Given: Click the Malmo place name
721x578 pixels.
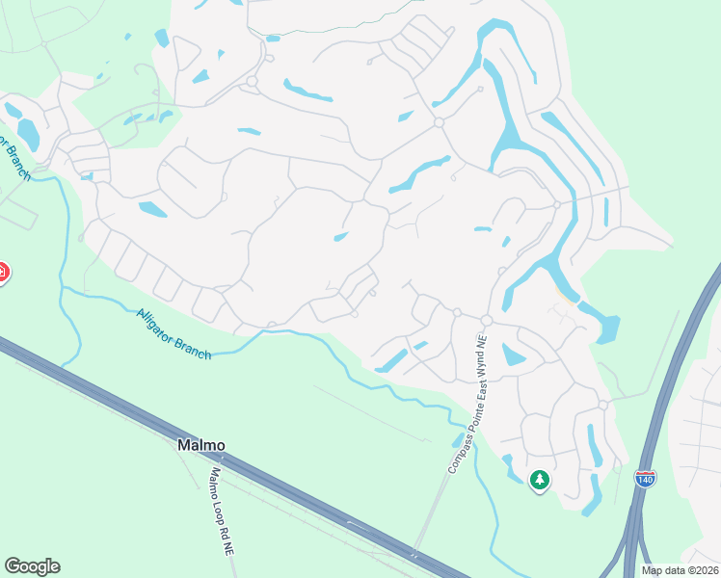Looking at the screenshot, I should (200, 446).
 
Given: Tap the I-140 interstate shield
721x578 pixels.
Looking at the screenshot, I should (646, 477).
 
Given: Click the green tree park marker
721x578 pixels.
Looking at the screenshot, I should (540, 479).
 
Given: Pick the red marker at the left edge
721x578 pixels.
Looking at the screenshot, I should (3, 273).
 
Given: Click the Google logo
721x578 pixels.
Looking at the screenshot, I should (32, 566).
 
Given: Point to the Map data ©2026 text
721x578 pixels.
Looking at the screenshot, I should (681, 570).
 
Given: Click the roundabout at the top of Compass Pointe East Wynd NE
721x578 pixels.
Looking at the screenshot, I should (487, 320).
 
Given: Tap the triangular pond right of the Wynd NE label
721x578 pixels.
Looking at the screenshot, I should (512, 355).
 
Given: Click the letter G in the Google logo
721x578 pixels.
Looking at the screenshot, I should (13, 566).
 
